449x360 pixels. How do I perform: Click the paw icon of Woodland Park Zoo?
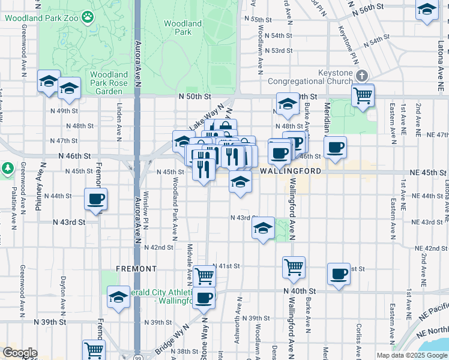(x=88, y=17)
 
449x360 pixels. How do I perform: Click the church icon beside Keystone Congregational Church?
(x=361, y=76)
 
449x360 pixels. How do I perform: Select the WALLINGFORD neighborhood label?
(x=288, y=171)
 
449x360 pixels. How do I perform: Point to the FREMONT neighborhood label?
(x=136, y=269)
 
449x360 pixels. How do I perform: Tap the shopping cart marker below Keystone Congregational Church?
(x=363, y=94)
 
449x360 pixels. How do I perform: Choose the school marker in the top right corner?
(x=426, y=10)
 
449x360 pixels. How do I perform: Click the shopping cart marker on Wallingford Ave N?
(x=294, y=267)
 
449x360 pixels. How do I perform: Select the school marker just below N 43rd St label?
(x=263, y=228)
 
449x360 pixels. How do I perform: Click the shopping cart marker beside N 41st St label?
(x=204, y=276)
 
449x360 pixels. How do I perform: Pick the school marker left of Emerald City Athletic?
(x=118, y=296)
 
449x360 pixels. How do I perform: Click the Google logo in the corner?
(x=19, y=353)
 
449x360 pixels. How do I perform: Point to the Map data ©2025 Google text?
(x=412, y=355)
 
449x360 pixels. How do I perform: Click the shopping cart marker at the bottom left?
(x=94, y=350)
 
